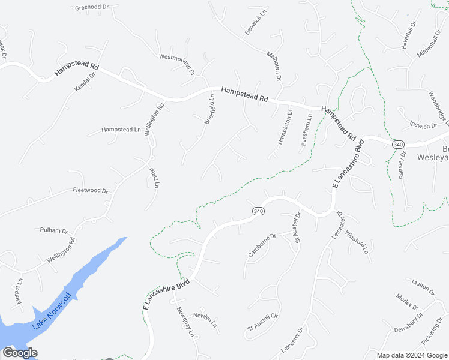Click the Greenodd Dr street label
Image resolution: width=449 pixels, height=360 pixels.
click(x=92, y=8)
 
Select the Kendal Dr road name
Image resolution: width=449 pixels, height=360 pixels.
click(x=85, y=83)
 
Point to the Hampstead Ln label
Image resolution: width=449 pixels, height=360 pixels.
click(x=121, y=130)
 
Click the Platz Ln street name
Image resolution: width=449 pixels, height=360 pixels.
click(x=154, y=176)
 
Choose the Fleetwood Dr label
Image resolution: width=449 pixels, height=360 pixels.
click(x=90, y=191)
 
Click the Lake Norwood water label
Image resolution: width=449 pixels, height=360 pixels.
click(x=52, y=310)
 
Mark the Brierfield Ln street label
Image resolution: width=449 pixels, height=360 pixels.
click(x=209, y=109)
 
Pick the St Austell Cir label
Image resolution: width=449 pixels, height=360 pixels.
click(x=264, y=322)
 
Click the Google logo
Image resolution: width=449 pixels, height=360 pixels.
click(x=20, y=352)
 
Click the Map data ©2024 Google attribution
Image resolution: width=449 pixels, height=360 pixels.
click(x=412, y=355)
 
